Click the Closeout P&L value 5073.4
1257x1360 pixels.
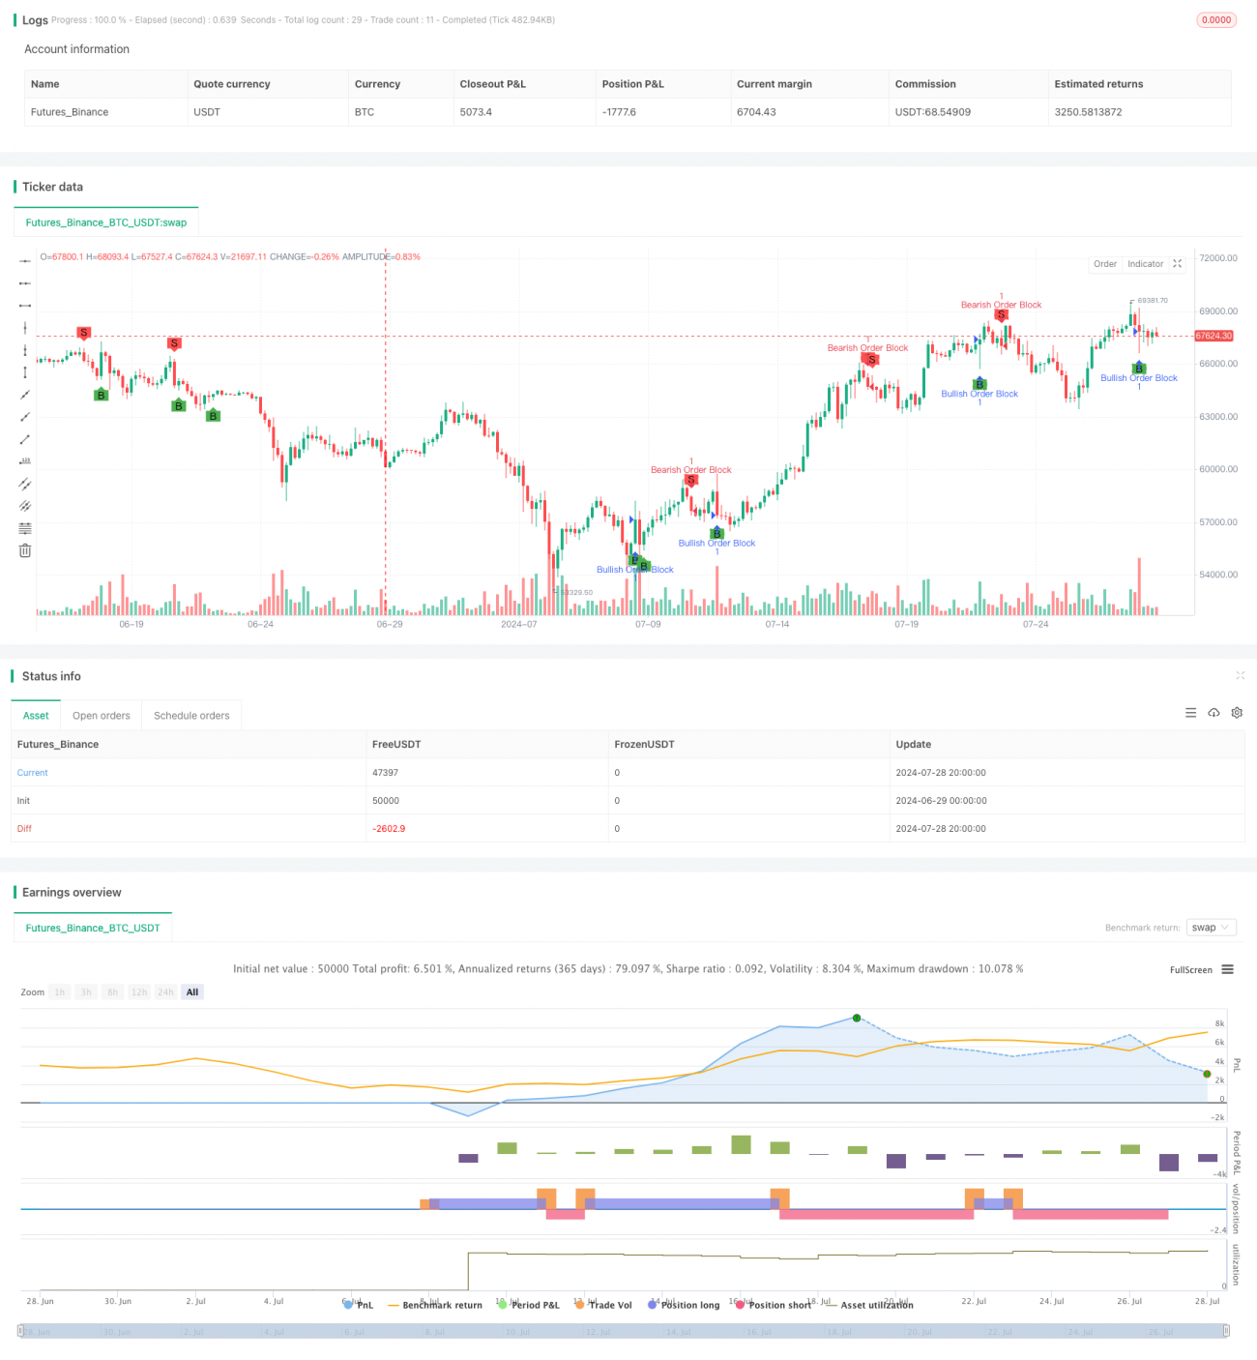coord(476,112)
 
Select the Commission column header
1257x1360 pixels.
coord(925,84)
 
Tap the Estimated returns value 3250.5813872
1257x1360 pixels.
coord(1088,112)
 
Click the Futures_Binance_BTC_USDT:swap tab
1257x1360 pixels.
coord(106,222)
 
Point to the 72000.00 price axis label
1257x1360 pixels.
coord(1217,258)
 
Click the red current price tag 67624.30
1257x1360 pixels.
coord(1213,336)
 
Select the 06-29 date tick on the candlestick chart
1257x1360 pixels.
coord(390,625)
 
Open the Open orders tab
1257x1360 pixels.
coord(101,716)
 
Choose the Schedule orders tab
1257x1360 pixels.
coord(191,716)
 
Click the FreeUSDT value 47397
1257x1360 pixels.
coord(385,773)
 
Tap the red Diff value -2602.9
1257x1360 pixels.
coord(389,829)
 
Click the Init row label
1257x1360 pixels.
coord(23,801)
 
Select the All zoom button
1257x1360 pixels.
coord(192,992)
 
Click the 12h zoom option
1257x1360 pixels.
coord(139,992)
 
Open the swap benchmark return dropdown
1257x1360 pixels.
coord(1211,928)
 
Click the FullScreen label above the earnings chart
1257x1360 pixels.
coord(1190,970)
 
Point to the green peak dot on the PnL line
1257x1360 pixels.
coord(857,1018)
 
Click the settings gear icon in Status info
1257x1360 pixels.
coord(1237,713)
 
